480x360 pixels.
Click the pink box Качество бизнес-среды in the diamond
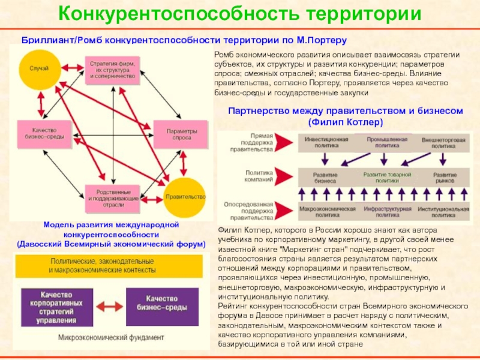40,134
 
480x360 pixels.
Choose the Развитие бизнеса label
325,177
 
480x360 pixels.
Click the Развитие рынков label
446,177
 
